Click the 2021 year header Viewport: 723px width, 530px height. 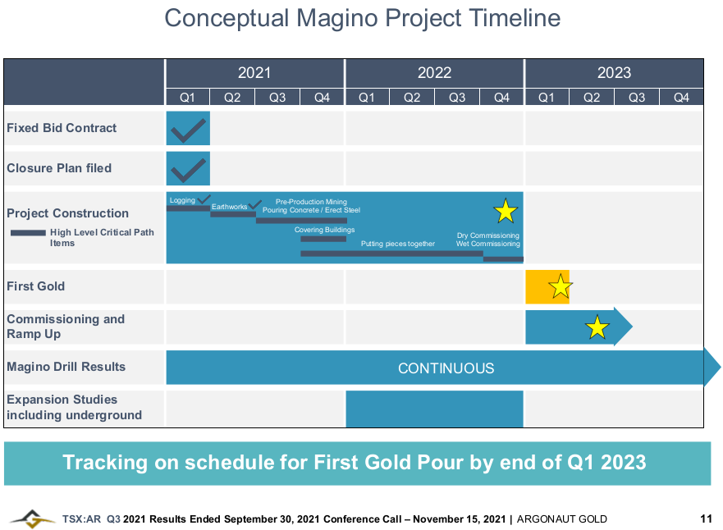(254, 72)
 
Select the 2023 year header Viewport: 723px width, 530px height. (614, 72)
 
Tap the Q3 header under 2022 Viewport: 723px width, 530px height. (456, 98)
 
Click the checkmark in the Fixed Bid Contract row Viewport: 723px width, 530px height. (188, 129)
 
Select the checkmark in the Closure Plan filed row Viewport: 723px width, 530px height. (188, 169)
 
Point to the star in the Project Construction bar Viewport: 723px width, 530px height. (506, 212)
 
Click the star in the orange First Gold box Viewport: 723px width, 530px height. (561, 286)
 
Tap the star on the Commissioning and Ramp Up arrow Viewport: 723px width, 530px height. (597, 328)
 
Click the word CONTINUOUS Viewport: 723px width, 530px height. (446, 368)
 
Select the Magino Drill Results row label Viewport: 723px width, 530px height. (66, 366)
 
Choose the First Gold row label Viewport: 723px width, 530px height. (35, 286)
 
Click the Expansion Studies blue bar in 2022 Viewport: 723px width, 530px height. (434, 409)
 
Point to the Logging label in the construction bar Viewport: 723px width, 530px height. (182, 200)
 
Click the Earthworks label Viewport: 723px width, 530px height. (229, 207)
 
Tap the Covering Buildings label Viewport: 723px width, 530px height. (324, 230)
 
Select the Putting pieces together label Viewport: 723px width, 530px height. (398, 244)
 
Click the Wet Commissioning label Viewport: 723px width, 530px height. (488, 244)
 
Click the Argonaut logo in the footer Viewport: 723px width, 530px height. (33, 518)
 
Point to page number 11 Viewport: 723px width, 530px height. (706, 519)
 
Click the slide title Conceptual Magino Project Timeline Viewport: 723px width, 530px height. (362, 18)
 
